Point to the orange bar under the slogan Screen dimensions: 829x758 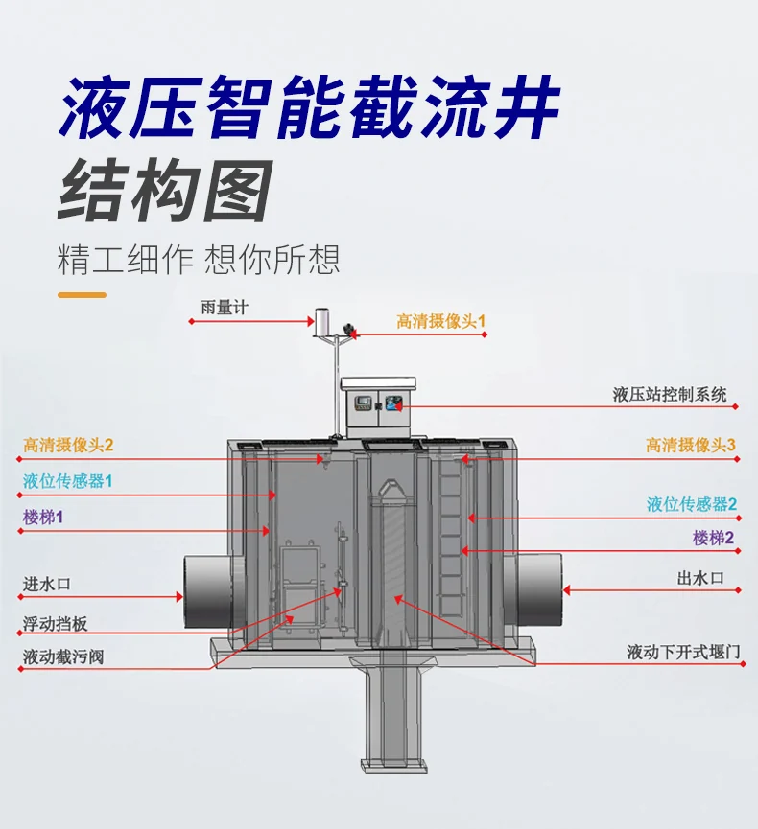point(82,294)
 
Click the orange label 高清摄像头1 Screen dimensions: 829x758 point(441,321)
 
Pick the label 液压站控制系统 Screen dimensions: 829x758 point(670,394)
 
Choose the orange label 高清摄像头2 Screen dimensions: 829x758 point(68,445)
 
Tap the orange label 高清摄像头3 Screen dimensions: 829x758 point(690,445)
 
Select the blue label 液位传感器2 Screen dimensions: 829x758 point(692,504)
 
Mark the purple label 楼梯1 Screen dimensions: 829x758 point(43,518)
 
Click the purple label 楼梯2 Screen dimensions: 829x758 point(713,539)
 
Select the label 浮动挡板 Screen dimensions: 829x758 point(56,623)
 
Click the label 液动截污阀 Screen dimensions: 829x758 point(63,658)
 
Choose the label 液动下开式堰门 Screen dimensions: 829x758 point(683,653)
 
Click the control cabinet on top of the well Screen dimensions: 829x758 point(378,403)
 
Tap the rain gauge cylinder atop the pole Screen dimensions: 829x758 point(322,322)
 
